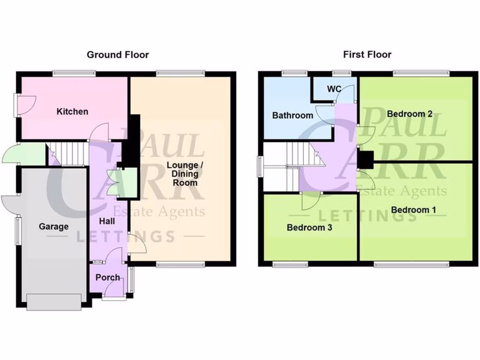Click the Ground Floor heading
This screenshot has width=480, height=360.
click(x=118, y=55)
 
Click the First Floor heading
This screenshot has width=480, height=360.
click(x=367, y=55)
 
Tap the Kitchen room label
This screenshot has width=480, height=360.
click(x=72, y=112)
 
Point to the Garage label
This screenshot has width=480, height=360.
click(x=53, y=226)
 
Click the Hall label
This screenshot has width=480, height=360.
click(x=107, y=220)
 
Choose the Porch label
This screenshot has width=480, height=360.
click(x=108, y=277)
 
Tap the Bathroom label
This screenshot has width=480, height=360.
click(x=292, y=115)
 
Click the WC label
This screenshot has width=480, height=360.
click(x=334, y=89)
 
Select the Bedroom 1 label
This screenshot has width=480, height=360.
click(x=413, y=210)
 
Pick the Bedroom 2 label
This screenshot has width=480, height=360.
click(x=409, y=114)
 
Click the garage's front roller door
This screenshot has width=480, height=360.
click(x=53, y=302)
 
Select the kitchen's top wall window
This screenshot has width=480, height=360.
click(x=74, y=73)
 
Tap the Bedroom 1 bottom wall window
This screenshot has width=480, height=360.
click(x=411, y=265)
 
